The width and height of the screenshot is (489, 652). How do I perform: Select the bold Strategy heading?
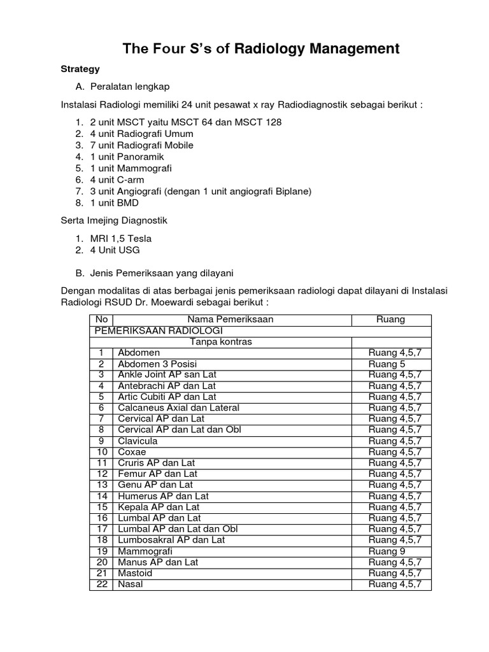tap(80, 69)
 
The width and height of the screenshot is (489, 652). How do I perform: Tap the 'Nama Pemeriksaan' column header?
tap(230, 320)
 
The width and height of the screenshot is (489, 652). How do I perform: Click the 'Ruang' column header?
tap(391, 320)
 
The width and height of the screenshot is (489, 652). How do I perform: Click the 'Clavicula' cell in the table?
tap(138, 441)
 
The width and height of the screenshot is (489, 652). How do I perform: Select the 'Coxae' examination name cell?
tap(132, 452)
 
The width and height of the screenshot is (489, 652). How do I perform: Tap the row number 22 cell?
tap(101, 585)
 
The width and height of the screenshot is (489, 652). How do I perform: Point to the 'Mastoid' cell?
tap(135, 573)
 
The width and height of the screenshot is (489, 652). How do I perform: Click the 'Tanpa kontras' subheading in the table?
tap(221, 342)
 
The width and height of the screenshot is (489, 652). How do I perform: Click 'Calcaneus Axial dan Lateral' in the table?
tap(178, 407)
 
